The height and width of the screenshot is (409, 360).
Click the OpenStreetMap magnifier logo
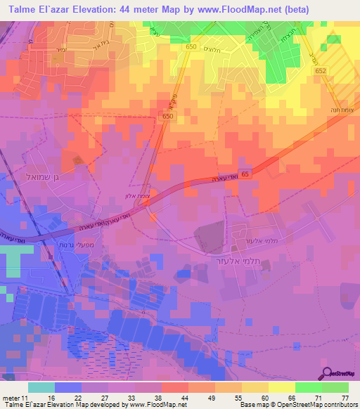click(328, 374)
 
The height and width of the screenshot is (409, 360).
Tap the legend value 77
click(345, 397)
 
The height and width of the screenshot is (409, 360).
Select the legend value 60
click(264, 397)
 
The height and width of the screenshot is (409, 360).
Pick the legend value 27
click(105, 397)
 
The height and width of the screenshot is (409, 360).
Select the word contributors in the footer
click(340, 405)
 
